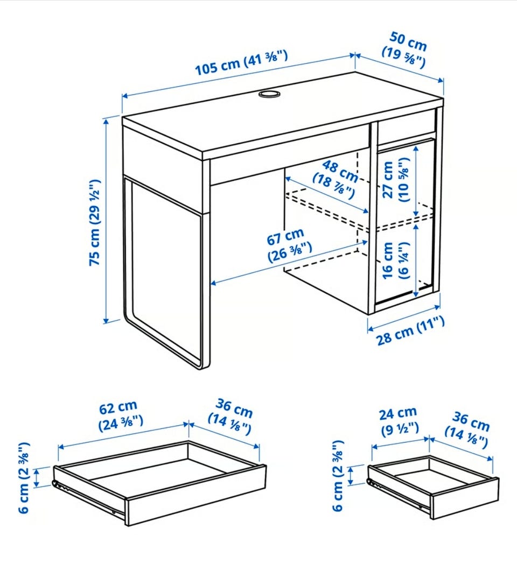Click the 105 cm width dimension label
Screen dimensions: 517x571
coord(242,63)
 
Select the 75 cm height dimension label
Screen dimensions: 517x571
coord(94,222)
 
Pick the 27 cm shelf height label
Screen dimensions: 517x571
coord(396,180)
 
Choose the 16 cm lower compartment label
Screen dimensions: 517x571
coord(395,260)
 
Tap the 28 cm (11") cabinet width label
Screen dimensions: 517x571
coord(410,331)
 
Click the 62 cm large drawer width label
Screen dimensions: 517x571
coord(120,415)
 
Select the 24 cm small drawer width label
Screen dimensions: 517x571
coord(399,421)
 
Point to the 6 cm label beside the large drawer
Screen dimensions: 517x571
coord(24,477)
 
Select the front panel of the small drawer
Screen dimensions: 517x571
coord(465,497)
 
